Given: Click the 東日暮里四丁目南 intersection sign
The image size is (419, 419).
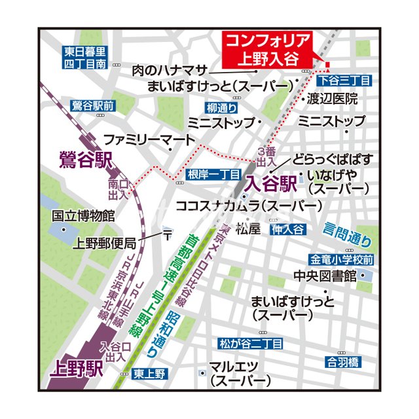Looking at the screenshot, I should pyautogui.click(x=85, y=58).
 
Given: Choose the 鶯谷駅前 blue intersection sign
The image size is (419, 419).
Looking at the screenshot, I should pyautogui.click(x=92, y=105).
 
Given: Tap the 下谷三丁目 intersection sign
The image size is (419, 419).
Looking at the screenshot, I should pyautogui.click(x=344, y=80).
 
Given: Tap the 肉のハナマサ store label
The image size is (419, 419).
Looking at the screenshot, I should pyautogui.click(x=170, y=71).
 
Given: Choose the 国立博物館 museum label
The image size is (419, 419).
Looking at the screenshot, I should pyautogui.click(x=83, y=215).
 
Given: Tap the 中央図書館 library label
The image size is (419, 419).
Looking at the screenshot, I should pyautogui.click(x=325, y=276).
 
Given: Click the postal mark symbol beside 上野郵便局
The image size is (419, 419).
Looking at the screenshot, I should pyautogui.click(x=167, y=234).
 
